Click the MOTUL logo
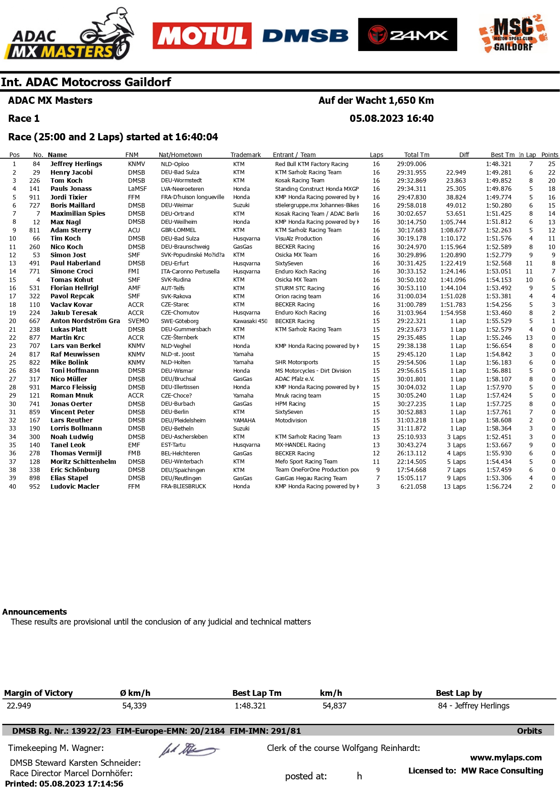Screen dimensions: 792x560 [x=202, y=36]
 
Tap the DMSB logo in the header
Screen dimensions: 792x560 [x=305, y=36]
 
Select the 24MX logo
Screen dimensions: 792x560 [x=407, y=35]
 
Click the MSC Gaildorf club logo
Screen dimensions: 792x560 [x=513, y=34]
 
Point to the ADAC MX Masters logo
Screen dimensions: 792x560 [x=69, y=36]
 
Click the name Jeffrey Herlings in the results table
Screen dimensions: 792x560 [x=76, y=164]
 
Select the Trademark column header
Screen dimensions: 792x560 [x=245, y=155]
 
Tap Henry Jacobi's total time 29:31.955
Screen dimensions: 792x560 [x=411, y=172]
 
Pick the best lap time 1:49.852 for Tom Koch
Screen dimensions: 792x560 [x=499, y=181]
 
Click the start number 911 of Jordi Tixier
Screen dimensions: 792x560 [x=34, y=197]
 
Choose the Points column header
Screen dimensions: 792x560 [x=550, y=155]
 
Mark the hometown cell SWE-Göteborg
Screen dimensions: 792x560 [x=180, y=321]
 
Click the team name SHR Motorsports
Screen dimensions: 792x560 [x=296, y=362]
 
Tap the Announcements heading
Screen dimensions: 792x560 [x=35, y=611]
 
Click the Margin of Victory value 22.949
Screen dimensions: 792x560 [x=19, y=706]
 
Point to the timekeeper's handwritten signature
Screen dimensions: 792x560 [x=188, y=750]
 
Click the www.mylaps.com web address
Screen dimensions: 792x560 [x=505, y=758]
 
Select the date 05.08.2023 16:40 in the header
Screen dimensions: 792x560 [x=391, y=118]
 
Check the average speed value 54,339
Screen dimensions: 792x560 [x=134, y=706]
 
